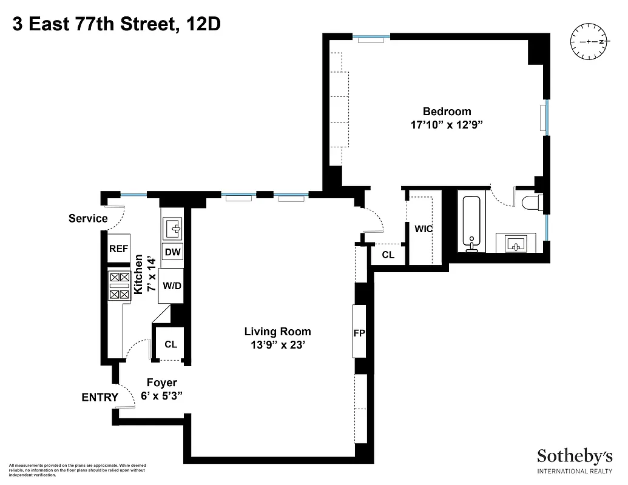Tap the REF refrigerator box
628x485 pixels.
(x=116, y=249)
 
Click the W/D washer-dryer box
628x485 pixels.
(x=172, y=285)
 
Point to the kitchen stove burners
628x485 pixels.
(x=119, y=286)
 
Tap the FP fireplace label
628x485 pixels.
(x=360, y=333)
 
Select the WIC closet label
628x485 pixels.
(x=424, y=229)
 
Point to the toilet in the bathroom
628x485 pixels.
(x=532, y=202)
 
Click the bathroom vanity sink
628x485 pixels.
(x=516, y=244)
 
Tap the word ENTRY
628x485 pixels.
(x=100, y=398)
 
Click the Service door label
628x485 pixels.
(x=88, y=218)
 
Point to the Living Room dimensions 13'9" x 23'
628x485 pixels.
(x=277, y=345)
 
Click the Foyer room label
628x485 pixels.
(x=162, y=383)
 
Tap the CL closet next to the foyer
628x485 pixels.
(x=171, y=344)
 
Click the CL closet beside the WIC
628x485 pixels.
(x=388, y=255)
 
